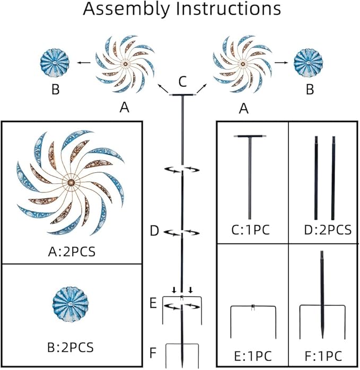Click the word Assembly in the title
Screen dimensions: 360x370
pos(126,9)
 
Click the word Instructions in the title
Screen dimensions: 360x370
pos(229,8)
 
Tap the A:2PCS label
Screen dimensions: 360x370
pos(72,252)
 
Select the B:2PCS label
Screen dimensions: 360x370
pos(71,348)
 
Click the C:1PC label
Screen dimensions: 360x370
pos(250,230)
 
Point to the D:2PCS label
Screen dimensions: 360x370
pos(328,230)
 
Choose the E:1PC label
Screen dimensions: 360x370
pos(253,356)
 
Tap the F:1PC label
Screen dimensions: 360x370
pos(323,356)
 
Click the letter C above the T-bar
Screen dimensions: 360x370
pos(183,82)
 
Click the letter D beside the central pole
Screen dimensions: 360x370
pos(155,231)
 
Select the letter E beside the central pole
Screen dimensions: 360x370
pos(153,303)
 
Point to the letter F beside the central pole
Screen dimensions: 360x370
pos(153,353)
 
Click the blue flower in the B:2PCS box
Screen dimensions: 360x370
pos(71,304)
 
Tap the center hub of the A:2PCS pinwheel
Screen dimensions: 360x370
pos(71,182)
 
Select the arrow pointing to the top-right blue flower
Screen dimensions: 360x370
pos(281,63)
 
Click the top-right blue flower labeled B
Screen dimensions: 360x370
pos(308,63)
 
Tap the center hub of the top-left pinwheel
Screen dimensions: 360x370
pos(125,64)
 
